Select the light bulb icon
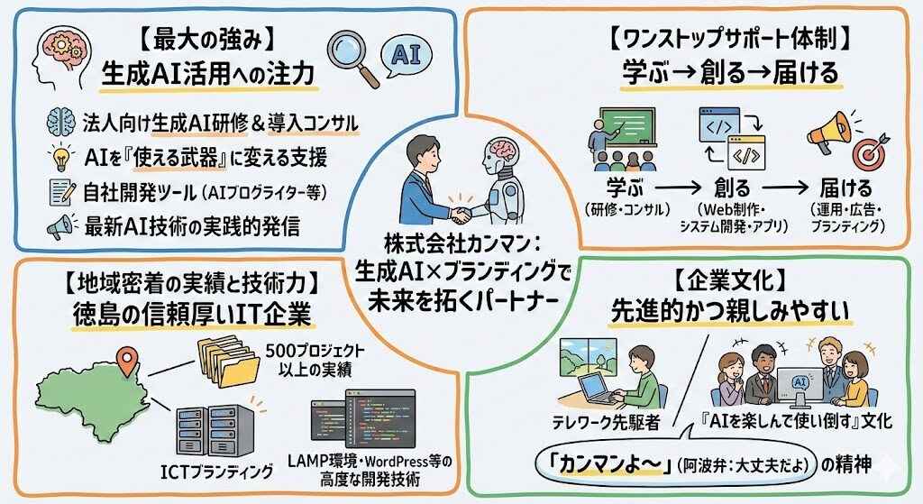60,159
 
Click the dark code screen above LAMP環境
356,425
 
